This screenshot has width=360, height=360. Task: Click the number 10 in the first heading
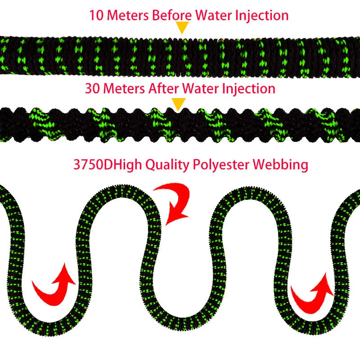96,15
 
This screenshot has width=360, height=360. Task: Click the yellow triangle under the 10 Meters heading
182,28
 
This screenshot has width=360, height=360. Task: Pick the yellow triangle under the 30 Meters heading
180,104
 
